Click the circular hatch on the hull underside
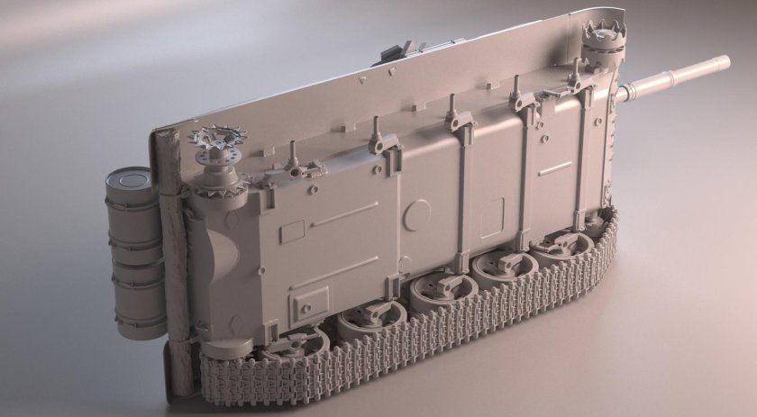(x=415, y=214)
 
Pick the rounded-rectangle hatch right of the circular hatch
(x=491, y=216)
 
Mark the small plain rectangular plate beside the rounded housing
(x=292, y=231)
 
